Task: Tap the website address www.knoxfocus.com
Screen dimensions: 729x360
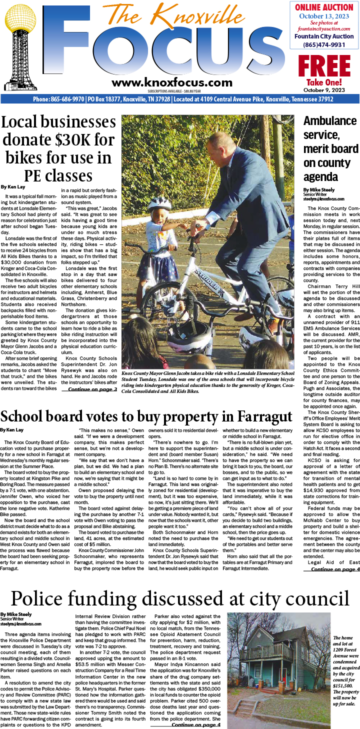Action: point(172,83)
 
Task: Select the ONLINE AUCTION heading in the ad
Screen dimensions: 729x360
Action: point(324,7)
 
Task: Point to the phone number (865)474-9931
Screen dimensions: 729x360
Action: point(324,45)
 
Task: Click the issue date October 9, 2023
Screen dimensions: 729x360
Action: point(324,90)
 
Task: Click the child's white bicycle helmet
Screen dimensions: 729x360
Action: point(159,203)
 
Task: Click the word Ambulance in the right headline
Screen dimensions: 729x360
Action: point(330,121)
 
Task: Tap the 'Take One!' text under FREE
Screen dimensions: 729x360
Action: point(324,82)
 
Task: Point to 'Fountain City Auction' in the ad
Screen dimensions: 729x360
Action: point(324,36)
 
